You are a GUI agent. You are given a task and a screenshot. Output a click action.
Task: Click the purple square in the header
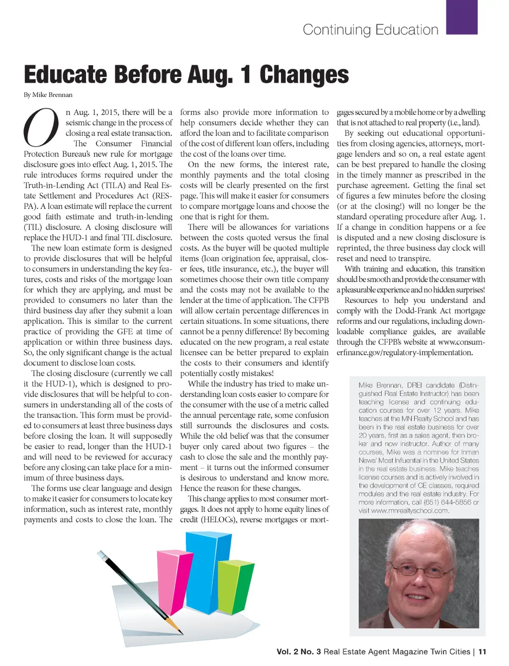point(462,16)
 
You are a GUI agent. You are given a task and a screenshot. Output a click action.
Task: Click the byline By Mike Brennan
point(48,95)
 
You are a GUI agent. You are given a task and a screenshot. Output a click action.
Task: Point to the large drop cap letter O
point(41,128)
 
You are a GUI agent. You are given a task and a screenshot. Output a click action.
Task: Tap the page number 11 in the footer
point(482,652)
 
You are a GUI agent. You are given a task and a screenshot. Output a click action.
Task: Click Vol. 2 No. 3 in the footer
point(299,652)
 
